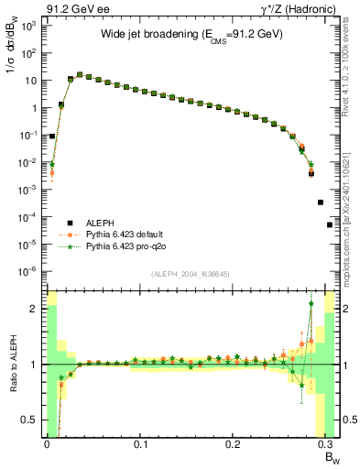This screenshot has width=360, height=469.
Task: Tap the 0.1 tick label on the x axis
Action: [x=140, y=444]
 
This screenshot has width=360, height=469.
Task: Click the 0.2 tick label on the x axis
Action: [x=234, y=444]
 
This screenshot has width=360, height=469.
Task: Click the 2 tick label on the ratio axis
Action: [x=32, y=309]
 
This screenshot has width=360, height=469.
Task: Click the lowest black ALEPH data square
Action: [x=330, y=224]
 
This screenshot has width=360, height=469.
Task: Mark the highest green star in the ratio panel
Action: [x=311, y=303]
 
